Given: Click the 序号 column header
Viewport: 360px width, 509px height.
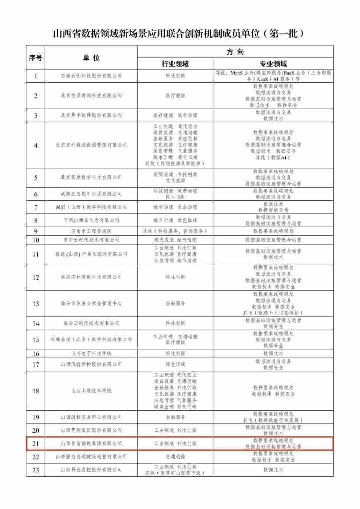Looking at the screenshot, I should point(36,58).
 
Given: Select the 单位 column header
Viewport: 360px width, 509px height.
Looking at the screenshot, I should point(91,58).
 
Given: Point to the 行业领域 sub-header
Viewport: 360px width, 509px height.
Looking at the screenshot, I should point(175,64).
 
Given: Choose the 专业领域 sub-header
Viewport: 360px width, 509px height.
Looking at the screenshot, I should point(273,64).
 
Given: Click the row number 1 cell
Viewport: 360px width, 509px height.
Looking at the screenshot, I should point(36,76).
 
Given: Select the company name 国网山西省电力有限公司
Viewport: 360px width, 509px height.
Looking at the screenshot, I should point(91,220).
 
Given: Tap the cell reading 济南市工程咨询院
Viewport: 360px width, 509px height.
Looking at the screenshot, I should point(91,231).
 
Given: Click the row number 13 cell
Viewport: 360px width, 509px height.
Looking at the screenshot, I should point(36,303).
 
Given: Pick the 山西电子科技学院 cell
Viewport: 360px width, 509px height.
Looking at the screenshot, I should point(91,353).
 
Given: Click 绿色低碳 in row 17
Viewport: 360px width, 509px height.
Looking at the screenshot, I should point(175,364).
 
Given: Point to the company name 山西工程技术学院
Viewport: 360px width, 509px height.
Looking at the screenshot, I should point(91,391).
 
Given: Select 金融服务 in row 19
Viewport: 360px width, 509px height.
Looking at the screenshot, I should point(175,417).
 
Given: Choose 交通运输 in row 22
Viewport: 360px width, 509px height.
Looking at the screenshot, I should point(175,456).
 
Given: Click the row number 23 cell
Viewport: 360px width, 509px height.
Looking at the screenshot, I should point(36,470).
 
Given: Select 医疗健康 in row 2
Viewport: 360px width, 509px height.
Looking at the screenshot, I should point(175,95).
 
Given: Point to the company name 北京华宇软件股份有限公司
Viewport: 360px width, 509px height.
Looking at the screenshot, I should point(91,115).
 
